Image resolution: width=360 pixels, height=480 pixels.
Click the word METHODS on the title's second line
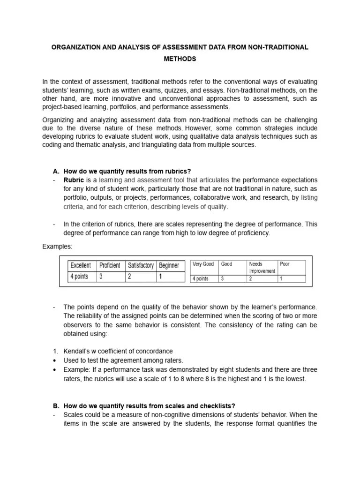[180, 59]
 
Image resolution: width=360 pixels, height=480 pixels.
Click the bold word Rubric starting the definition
[74, 180]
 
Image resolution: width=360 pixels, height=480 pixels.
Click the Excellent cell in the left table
[81, 265]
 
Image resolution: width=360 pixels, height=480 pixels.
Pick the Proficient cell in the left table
[110, 265]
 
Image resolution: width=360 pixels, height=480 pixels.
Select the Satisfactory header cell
[141, 265]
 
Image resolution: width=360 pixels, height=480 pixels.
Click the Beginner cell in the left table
[169, 265]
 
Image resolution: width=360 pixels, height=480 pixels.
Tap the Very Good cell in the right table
[203, 264]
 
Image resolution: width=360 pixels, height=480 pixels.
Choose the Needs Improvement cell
[262, 268]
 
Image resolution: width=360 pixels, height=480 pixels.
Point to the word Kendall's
[77, 351]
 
